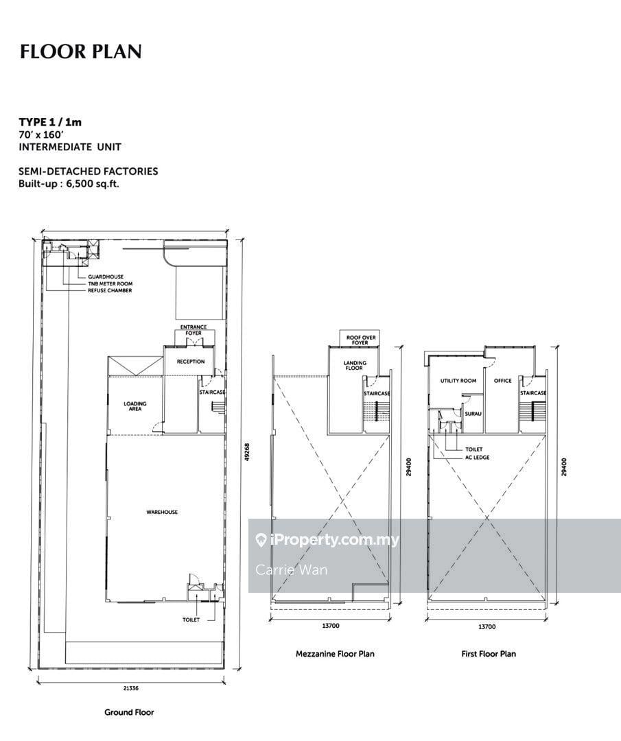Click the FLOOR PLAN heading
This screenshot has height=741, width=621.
pos(80,51)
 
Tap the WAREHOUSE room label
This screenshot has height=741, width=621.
pos(162,512)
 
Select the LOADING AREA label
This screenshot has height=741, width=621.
pos(135,406)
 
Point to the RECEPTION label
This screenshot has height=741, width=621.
pos(191,362)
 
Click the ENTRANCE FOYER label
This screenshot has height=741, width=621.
pos(194,330)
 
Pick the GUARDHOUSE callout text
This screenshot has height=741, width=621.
pos(106,277)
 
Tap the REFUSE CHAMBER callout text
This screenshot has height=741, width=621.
pos(110,290)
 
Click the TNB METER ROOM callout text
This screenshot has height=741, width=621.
pos(110,283)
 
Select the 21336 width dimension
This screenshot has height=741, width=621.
pos(131,688)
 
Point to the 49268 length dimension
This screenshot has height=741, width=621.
pos(247,451)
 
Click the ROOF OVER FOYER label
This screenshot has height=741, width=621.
pos(361,340)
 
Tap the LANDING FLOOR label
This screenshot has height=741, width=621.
pos(355,365)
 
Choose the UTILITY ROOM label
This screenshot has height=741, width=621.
pos(458,380)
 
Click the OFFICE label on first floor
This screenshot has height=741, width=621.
pos(503,380)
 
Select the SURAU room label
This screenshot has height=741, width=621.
pos(473,414)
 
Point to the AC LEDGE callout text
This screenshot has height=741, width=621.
pos(478,458)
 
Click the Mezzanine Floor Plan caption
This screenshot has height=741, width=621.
pos(335,654)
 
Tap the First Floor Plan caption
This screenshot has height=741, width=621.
pos(489,654)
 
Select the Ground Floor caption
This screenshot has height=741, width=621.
pos(129,712)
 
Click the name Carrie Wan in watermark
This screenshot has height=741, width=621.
pos(291,569)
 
